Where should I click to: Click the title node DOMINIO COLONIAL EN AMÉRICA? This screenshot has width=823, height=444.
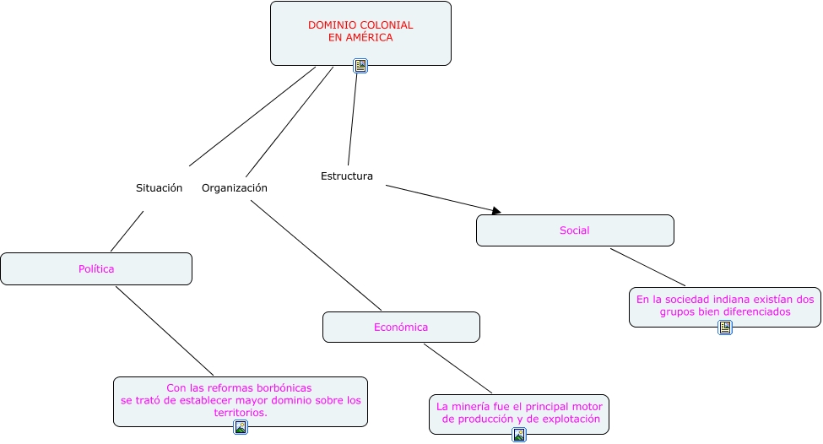tap(360, 31)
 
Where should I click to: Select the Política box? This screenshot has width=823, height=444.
tap(96, 268)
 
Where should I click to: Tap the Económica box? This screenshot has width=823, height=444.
tap(401, 327)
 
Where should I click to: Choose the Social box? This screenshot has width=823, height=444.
tap(575, 230)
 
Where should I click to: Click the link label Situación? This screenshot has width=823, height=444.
tap(160, 188)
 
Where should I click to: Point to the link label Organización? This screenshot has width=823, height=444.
tap(235, 188)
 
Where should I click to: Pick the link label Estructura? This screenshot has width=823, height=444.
tap(347, 176)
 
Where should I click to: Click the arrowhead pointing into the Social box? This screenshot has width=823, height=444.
tap(496, 210)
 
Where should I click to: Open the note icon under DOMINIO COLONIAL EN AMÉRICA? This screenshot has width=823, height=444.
tap(360, 66)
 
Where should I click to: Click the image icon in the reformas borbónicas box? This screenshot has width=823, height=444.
tap(241, 427)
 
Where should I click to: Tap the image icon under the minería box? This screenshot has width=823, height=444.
tap(519, 435)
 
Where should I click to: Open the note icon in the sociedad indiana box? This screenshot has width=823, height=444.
tap(725, 328)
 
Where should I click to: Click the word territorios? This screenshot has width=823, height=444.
tap(240, 413)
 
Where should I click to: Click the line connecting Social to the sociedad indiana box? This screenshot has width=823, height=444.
tap(648, 267)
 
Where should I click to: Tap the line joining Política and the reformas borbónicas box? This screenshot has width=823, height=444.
tap(165, 332)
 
